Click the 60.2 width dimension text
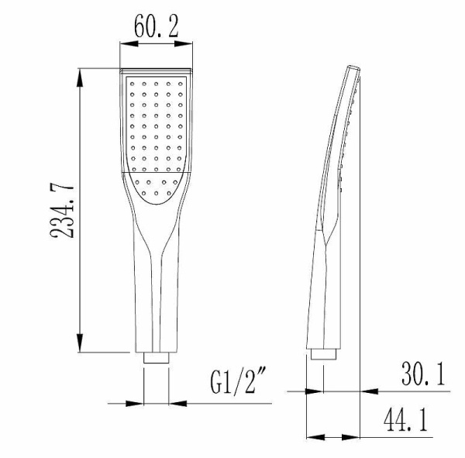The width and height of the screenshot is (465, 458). click(157, 28)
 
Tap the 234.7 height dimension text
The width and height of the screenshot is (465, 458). click(65, 211)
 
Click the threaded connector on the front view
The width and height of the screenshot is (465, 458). click(157, 359)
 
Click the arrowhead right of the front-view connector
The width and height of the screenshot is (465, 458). click(176, 402)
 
